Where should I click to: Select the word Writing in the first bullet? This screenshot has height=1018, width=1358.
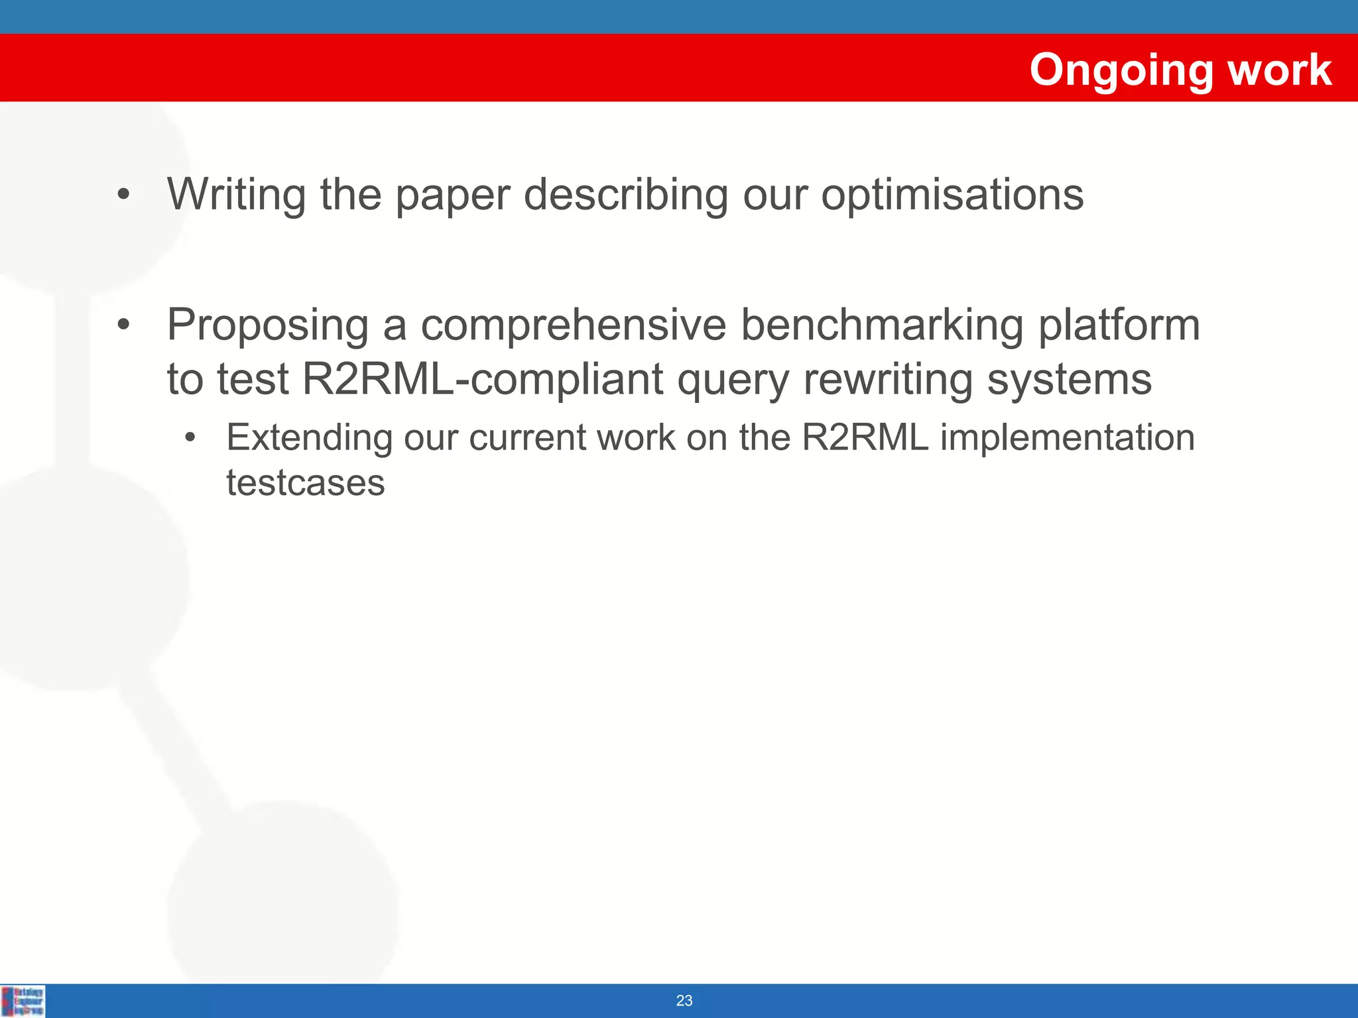236,195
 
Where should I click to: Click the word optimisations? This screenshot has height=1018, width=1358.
952,195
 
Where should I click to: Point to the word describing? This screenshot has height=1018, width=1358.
625,195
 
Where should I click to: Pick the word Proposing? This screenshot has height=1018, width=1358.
268,325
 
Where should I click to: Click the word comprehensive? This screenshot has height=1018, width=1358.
574,325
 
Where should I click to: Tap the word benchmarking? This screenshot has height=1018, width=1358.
881,325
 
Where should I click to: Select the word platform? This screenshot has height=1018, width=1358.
1119,325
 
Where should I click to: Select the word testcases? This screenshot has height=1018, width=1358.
305,482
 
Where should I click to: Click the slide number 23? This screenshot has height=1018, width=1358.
684,1001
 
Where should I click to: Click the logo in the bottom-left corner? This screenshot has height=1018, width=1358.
24,1001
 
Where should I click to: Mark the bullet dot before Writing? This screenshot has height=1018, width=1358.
123,196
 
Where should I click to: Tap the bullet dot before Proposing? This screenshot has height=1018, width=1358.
123,325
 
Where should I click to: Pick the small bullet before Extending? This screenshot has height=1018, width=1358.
191,438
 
